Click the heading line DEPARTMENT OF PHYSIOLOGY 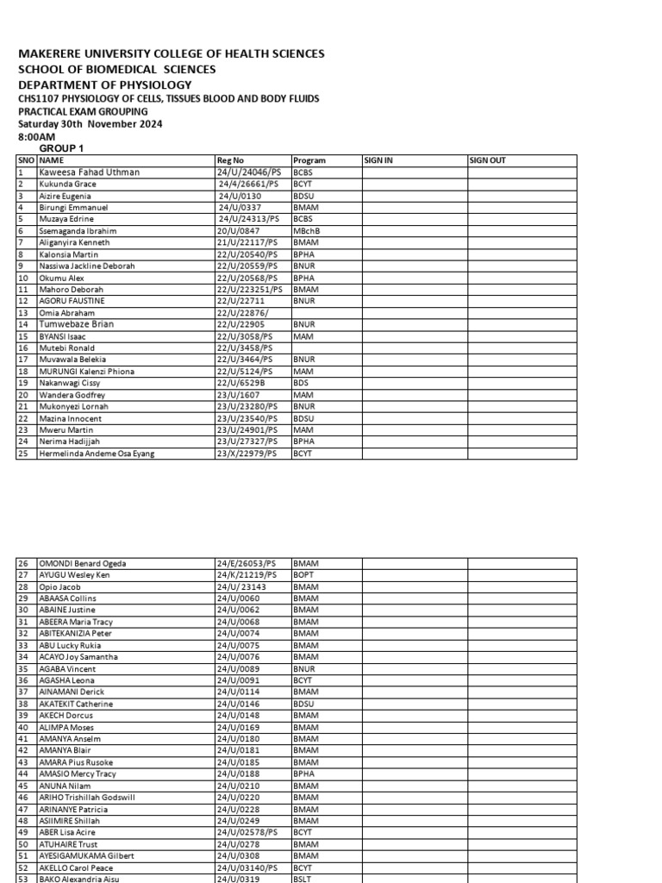[x=104, y=85]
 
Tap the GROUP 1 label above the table [x=61, y=148]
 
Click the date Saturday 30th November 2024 [x=90, y=124]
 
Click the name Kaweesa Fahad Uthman [x=89, y=172]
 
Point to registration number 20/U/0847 [x=239, y=231]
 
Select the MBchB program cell [x=308, y=231]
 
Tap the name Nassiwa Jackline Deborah [x=87, y=266]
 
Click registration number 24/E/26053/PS [x=247, y=563]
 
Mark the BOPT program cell [x=305, y=574]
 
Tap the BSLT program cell [x=304, y=879]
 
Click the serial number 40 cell [x=24, y=727]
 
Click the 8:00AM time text [x=37, y=136]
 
